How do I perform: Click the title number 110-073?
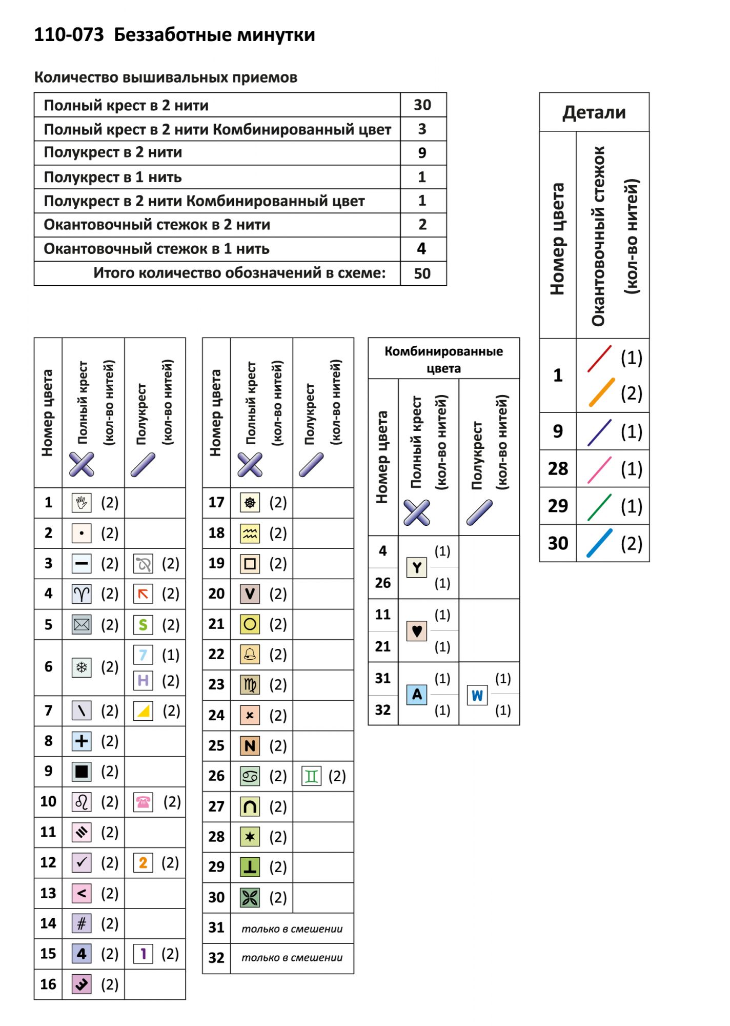tap(69, 35)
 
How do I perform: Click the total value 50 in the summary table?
tap(422, 273)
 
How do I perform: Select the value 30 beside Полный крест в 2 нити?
tap(422, 105)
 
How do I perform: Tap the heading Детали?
tap(594, 112)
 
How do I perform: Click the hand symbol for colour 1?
tap(82, 503)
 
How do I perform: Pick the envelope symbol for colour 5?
tap(82, 624)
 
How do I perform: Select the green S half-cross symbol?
tap(143, 624)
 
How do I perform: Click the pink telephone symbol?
tap(143, 802)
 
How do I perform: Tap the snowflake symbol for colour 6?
tap(82, 667)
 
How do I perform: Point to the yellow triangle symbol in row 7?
tap(143, 711)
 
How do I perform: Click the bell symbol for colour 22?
tap(250, 654)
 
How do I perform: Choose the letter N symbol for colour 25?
tap(250, 745)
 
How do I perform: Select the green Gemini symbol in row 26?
tap(311, 776)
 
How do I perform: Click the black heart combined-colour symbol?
tap(417, 630)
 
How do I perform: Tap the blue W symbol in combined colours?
tap(477, 695)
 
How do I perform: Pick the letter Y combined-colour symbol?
tap(417, 567)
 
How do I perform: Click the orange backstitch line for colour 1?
tap(601, 392)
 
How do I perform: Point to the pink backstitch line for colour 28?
tap(599, 469)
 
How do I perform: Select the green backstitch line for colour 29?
tap(599, 507)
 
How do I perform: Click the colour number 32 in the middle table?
tap(216, 958)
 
